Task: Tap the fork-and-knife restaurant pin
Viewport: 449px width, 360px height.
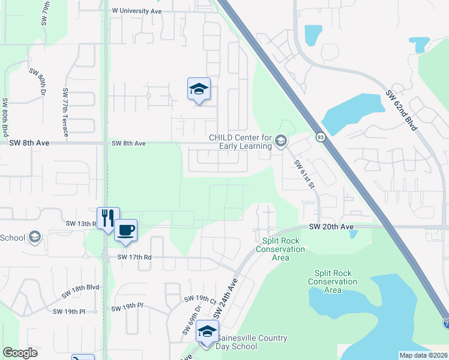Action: [108, 218]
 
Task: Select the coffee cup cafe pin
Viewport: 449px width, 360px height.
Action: [125, 231]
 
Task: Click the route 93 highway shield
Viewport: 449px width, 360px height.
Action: [321, 137]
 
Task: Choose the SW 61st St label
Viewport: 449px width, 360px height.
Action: [304, 174]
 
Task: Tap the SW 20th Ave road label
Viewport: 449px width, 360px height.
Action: [331, 227]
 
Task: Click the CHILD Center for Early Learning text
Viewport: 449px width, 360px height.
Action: [240, 142]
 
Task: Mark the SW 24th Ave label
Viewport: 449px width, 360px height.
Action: [227, 299]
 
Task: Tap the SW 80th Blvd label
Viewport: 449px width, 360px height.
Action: [5, 116]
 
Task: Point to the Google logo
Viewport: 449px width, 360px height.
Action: [20, 353]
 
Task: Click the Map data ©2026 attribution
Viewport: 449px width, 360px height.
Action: [423, 355]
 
